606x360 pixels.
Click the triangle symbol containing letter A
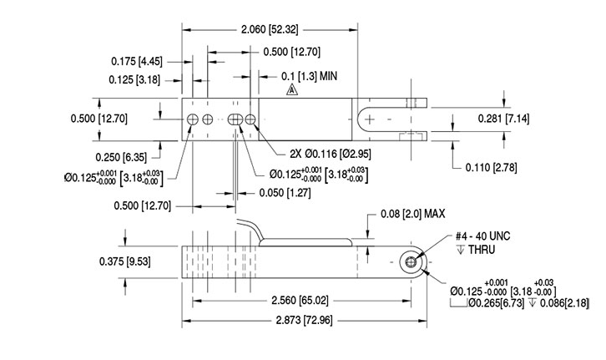[290, 90]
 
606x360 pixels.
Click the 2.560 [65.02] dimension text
[289, 302]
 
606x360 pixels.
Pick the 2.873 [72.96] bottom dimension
[289, 322]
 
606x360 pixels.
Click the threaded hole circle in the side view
[411, 262]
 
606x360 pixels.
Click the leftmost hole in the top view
[193, 119]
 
